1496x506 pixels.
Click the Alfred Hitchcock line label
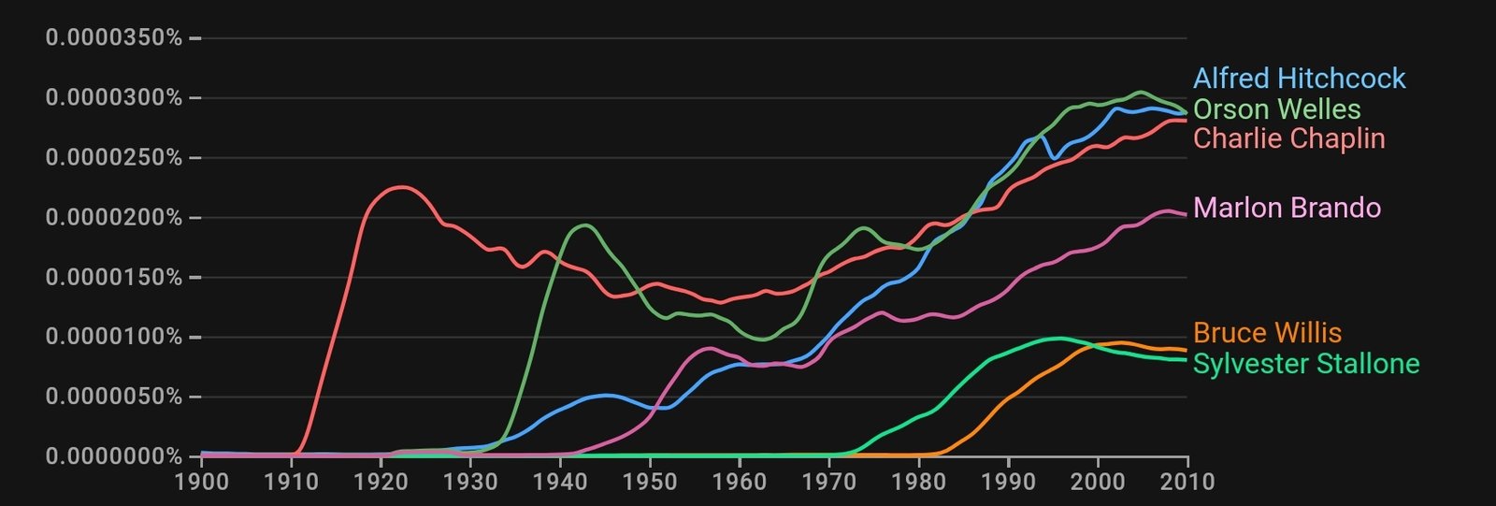(1299, 79)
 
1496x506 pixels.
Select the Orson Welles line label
(1276, 109)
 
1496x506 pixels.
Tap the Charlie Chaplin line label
(1288, 138)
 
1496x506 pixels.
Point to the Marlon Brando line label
(1287, 208)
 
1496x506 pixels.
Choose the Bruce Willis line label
(1267, 333)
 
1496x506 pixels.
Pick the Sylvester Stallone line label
(1305, 364)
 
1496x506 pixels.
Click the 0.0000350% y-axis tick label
(114, 38)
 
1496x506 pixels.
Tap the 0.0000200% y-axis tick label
(114, 218)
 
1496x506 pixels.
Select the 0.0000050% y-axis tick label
(114, 397)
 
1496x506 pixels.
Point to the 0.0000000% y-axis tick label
(114, 456)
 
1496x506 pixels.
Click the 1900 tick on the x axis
(202, 482)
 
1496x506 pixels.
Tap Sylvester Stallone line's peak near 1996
(1059, 339)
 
